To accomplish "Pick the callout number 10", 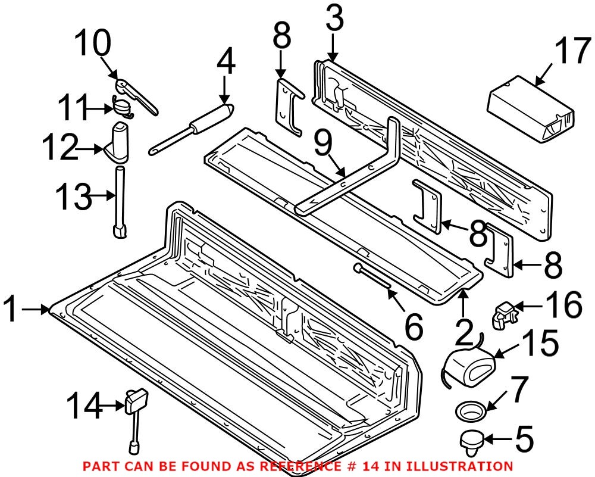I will pos(92,45).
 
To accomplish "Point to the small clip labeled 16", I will pos(503,313).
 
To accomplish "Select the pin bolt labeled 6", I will pos(373,278).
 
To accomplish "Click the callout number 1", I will pos(17,310).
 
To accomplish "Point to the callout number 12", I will pos(59,146).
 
